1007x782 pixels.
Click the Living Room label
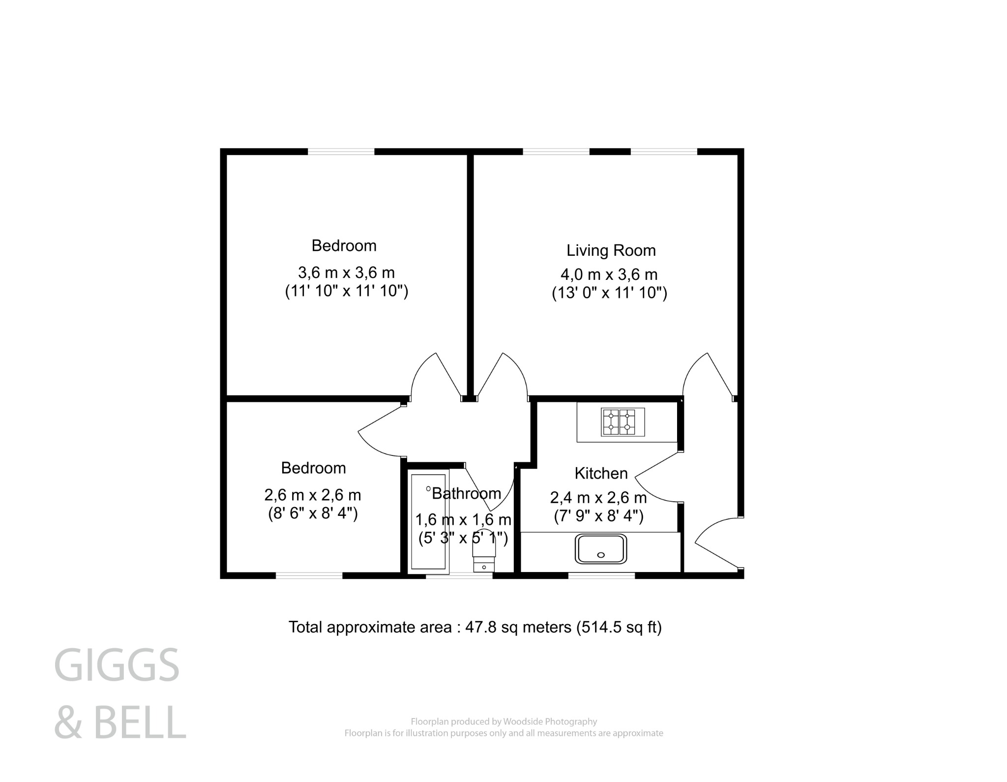pos(611,250)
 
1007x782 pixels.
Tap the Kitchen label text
pos(601,473)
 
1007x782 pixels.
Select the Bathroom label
pos(466,493)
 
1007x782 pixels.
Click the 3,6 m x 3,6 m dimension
pos(346,272)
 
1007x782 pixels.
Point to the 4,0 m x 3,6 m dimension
pos(609,274)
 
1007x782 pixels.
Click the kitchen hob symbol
pos(622,422)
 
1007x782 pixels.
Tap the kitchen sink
pos(601,549)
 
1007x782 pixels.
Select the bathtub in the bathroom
pos(428,523)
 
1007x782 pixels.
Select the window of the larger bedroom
pos(341,151)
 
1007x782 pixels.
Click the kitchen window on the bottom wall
pos(601,575)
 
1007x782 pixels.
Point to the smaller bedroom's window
pos(309,575)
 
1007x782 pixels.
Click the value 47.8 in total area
pos(479,627)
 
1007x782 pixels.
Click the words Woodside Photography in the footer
pos(550,722)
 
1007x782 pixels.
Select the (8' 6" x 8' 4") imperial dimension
pos(313,513)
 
